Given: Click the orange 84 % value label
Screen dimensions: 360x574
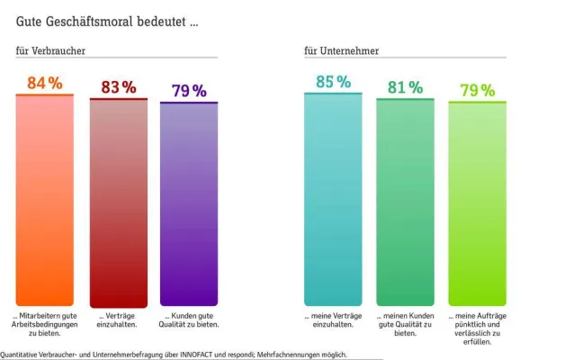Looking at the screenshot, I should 44,84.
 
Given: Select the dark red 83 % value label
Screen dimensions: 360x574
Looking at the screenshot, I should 118,87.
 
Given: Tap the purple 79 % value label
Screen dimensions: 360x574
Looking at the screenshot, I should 189,91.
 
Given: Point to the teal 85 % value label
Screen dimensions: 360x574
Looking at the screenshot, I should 333,82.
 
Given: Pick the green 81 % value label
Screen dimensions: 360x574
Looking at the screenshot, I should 405,87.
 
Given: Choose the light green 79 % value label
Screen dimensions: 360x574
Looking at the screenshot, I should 477,90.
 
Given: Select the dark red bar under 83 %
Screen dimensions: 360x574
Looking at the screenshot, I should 118,202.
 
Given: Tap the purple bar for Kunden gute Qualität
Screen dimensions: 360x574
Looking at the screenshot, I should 189,204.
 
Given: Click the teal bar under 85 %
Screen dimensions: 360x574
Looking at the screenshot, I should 333,199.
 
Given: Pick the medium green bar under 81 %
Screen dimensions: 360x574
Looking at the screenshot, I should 405,202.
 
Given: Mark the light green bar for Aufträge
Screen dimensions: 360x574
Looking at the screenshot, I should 477,204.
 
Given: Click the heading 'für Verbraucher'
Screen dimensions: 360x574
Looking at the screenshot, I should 50,51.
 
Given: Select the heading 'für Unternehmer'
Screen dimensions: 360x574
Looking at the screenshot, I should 341,51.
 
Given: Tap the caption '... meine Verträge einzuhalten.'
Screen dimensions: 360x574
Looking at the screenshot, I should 333,320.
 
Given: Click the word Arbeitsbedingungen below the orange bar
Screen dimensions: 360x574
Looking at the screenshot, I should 44,325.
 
